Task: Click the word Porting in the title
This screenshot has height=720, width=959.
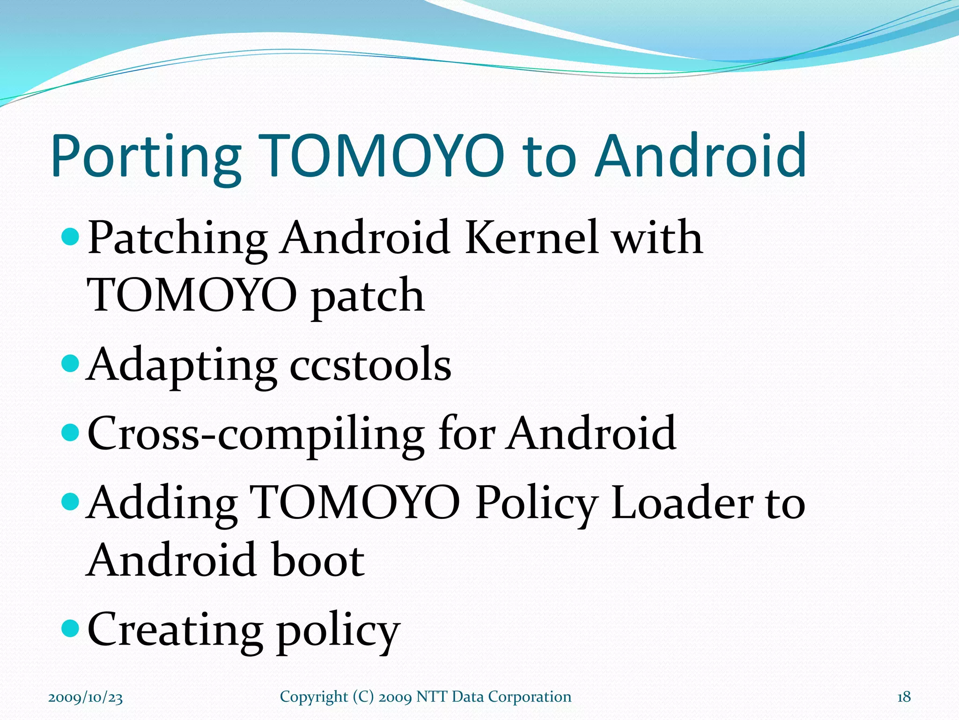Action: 146,157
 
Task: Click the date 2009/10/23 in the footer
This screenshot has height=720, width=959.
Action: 85,697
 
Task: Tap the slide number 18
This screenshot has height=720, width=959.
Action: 904,697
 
